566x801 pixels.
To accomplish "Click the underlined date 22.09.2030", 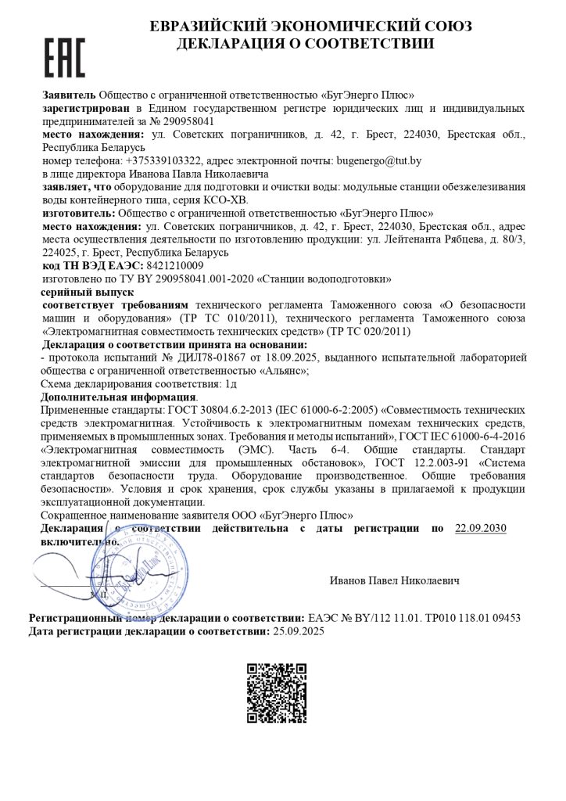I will click(480, 529).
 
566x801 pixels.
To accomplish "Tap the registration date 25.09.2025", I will click(297, 630).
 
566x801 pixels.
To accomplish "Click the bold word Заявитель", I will click(69, 95).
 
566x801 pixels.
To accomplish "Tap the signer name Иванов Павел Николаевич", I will click(395, 580).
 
